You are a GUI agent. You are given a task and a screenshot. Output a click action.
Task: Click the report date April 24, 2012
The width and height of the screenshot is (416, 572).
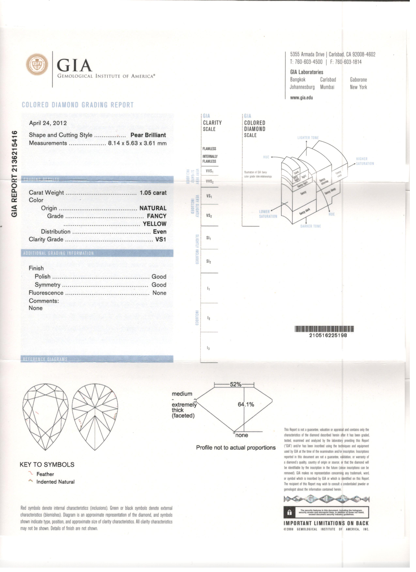coord(48,123)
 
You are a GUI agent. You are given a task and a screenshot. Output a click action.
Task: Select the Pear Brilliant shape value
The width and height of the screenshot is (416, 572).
coord(148,135)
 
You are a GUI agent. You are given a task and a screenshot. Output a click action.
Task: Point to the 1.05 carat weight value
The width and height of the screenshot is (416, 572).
coord(153,193)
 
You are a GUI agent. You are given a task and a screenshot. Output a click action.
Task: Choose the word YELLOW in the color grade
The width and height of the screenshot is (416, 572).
coord(155,224)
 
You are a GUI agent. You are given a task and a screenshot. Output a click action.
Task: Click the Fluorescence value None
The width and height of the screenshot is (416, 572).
coord(159,293)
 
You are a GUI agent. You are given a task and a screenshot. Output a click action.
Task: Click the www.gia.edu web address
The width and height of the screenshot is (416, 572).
coord(301,98)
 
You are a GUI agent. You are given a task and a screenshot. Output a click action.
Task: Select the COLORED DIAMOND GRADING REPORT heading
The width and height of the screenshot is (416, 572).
coord(78,105)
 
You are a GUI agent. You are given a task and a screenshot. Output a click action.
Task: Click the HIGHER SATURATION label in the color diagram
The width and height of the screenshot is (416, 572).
coord(365,161)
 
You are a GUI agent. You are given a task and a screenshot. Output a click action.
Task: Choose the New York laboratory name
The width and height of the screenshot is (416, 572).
coord(358,87)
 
